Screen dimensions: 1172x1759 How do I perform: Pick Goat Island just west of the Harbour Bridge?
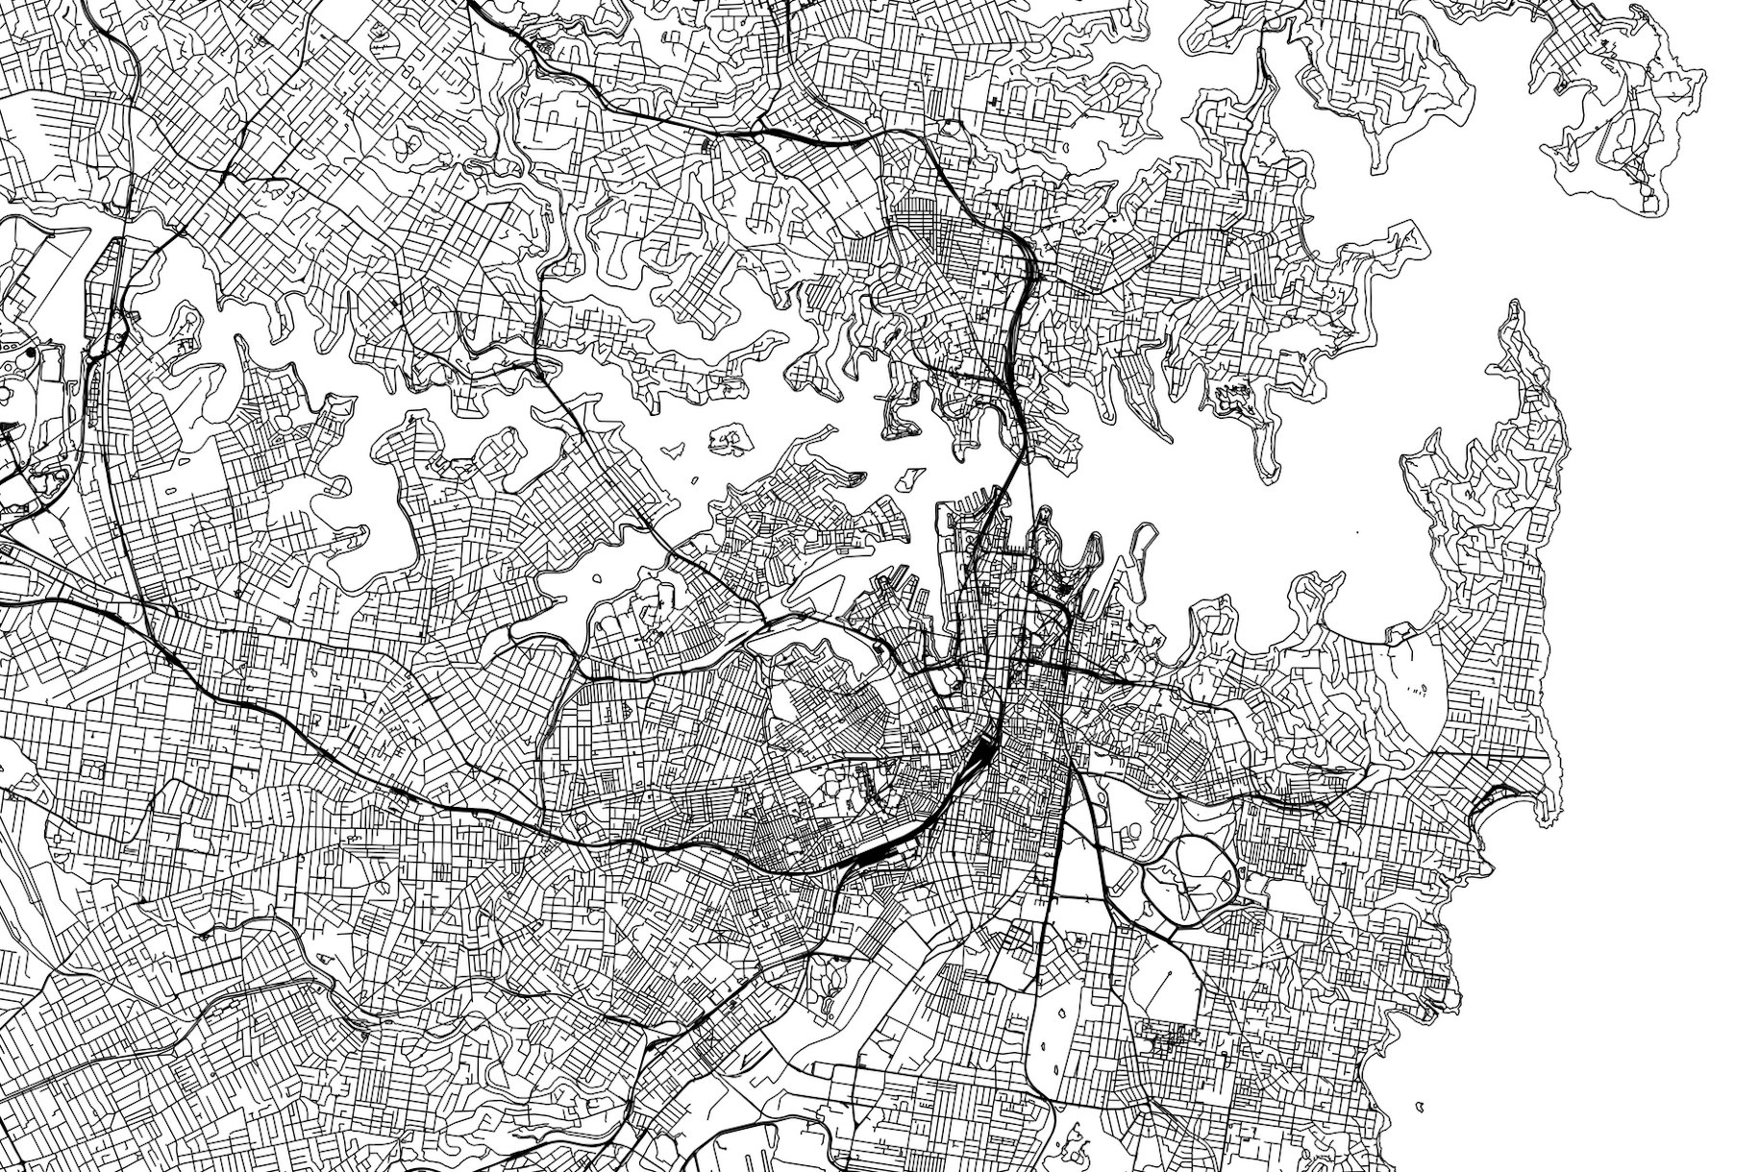pos(908,474)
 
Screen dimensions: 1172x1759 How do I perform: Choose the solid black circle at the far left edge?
pos(32,354)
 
